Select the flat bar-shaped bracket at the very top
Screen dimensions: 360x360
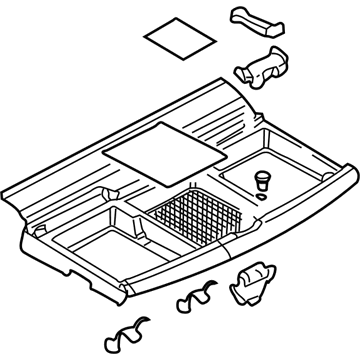tap(255, 18)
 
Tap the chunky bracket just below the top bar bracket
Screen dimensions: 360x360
tap(262, 67)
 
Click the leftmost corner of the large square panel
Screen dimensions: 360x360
tap(105, 154)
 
